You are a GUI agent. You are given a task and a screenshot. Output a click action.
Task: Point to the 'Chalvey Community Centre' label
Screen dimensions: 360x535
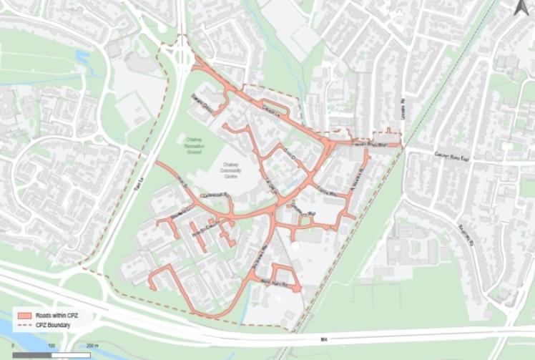point(229,168)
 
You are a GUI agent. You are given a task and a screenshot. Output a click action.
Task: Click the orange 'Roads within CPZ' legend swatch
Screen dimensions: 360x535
point(24,315)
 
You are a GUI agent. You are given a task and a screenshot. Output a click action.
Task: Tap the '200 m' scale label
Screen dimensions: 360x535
point(92,346)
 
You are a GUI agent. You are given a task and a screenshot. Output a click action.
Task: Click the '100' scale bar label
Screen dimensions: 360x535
point(52,346)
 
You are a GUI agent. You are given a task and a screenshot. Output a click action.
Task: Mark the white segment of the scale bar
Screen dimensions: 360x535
point(72,354)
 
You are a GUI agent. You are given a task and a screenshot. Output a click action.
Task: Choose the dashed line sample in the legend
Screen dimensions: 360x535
point(24,324)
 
